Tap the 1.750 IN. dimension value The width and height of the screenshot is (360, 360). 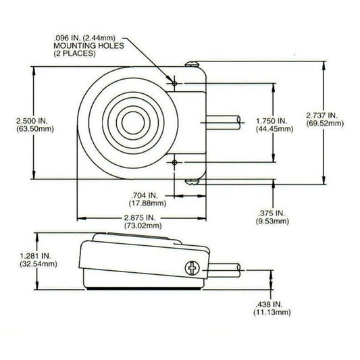[272, 120]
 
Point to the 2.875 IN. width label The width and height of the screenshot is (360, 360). [140, 217]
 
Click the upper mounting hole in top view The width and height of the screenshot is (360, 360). [174, 83]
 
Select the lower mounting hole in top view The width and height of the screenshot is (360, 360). [174, 162]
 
